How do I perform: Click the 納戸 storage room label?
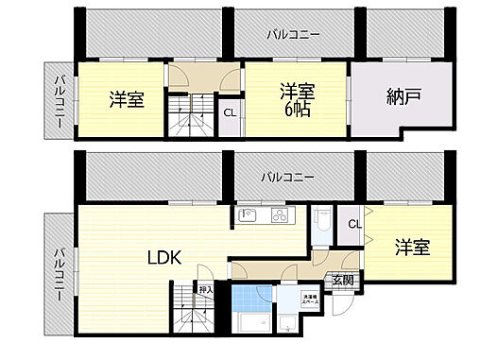404,95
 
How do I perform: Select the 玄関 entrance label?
342,279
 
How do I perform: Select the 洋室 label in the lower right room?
412,248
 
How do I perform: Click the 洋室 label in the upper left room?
126,99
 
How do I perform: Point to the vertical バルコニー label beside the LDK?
59,274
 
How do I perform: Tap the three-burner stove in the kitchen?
280,215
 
